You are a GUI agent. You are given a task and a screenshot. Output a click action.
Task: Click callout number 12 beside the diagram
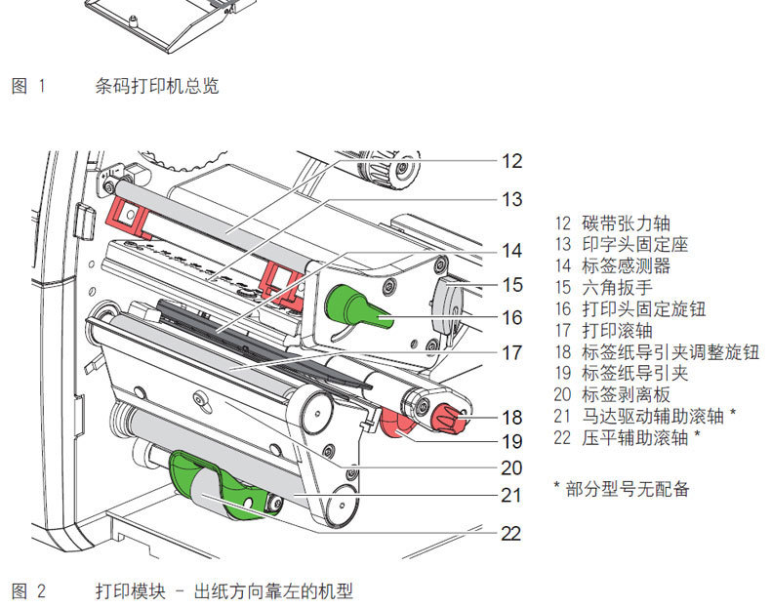[512, 161]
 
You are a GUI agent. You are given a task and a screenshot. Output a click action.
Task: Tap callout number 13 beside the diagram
[512, 200]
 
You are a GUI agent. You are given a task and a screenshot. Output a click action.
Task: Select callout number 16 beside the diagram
[512, 317]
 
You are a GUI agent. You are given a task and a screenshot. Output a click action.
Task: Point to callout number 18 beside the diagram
[512, 418]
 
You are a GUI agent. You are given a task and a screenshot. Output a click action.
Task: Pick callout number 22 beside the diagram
[512, 533]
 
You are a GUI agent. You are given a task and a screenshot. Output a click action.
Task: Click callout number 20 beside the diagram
[512, 467]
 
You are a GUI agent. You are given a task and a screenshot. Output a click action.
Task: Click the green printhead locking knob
[355, 305]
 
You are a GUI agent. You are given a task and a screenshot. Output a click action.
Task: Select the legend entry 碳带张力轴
[625, 223]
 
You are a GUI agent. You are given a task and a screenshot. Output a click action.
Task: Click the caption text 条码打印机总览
[157, 86]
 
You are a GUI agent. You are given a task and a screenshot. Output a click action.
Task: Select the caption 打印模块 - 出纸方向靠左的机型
[223, 590]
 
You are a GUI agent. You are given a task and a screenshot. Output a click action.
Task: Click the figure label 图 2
[29, 590]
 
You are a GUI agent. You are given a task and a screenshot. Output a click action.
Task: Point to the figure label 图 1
[29, 86]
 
